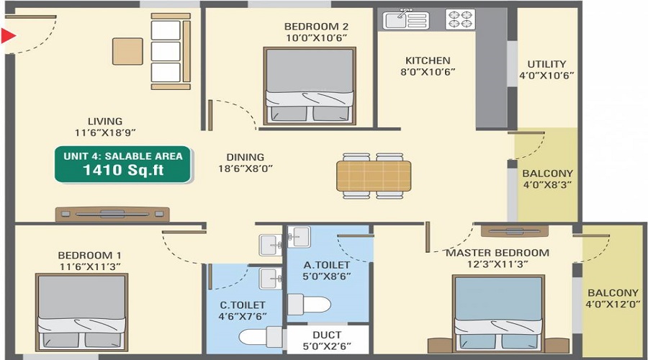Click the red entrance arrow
[8, 35]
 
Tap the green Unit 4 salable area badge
[123, 164]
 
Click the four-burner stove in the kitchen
[460, 19]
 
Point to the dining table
[374, 176]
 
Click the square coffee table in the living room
[127, 51]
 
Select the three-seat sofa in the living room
[166, 51]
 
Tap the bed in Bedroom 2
[309, 87]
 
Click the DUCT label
[327, 335]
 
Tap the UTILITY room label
[546, 63]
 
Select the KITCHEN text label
[428, 60]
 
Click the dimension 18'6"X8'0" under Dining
[245, 168]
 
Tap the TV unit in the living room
[112, 214]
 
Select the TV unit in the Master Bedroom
[514, 231]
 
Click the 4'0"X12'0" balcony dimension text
[613, 305]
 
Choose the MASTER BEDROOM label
[497, 253]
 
